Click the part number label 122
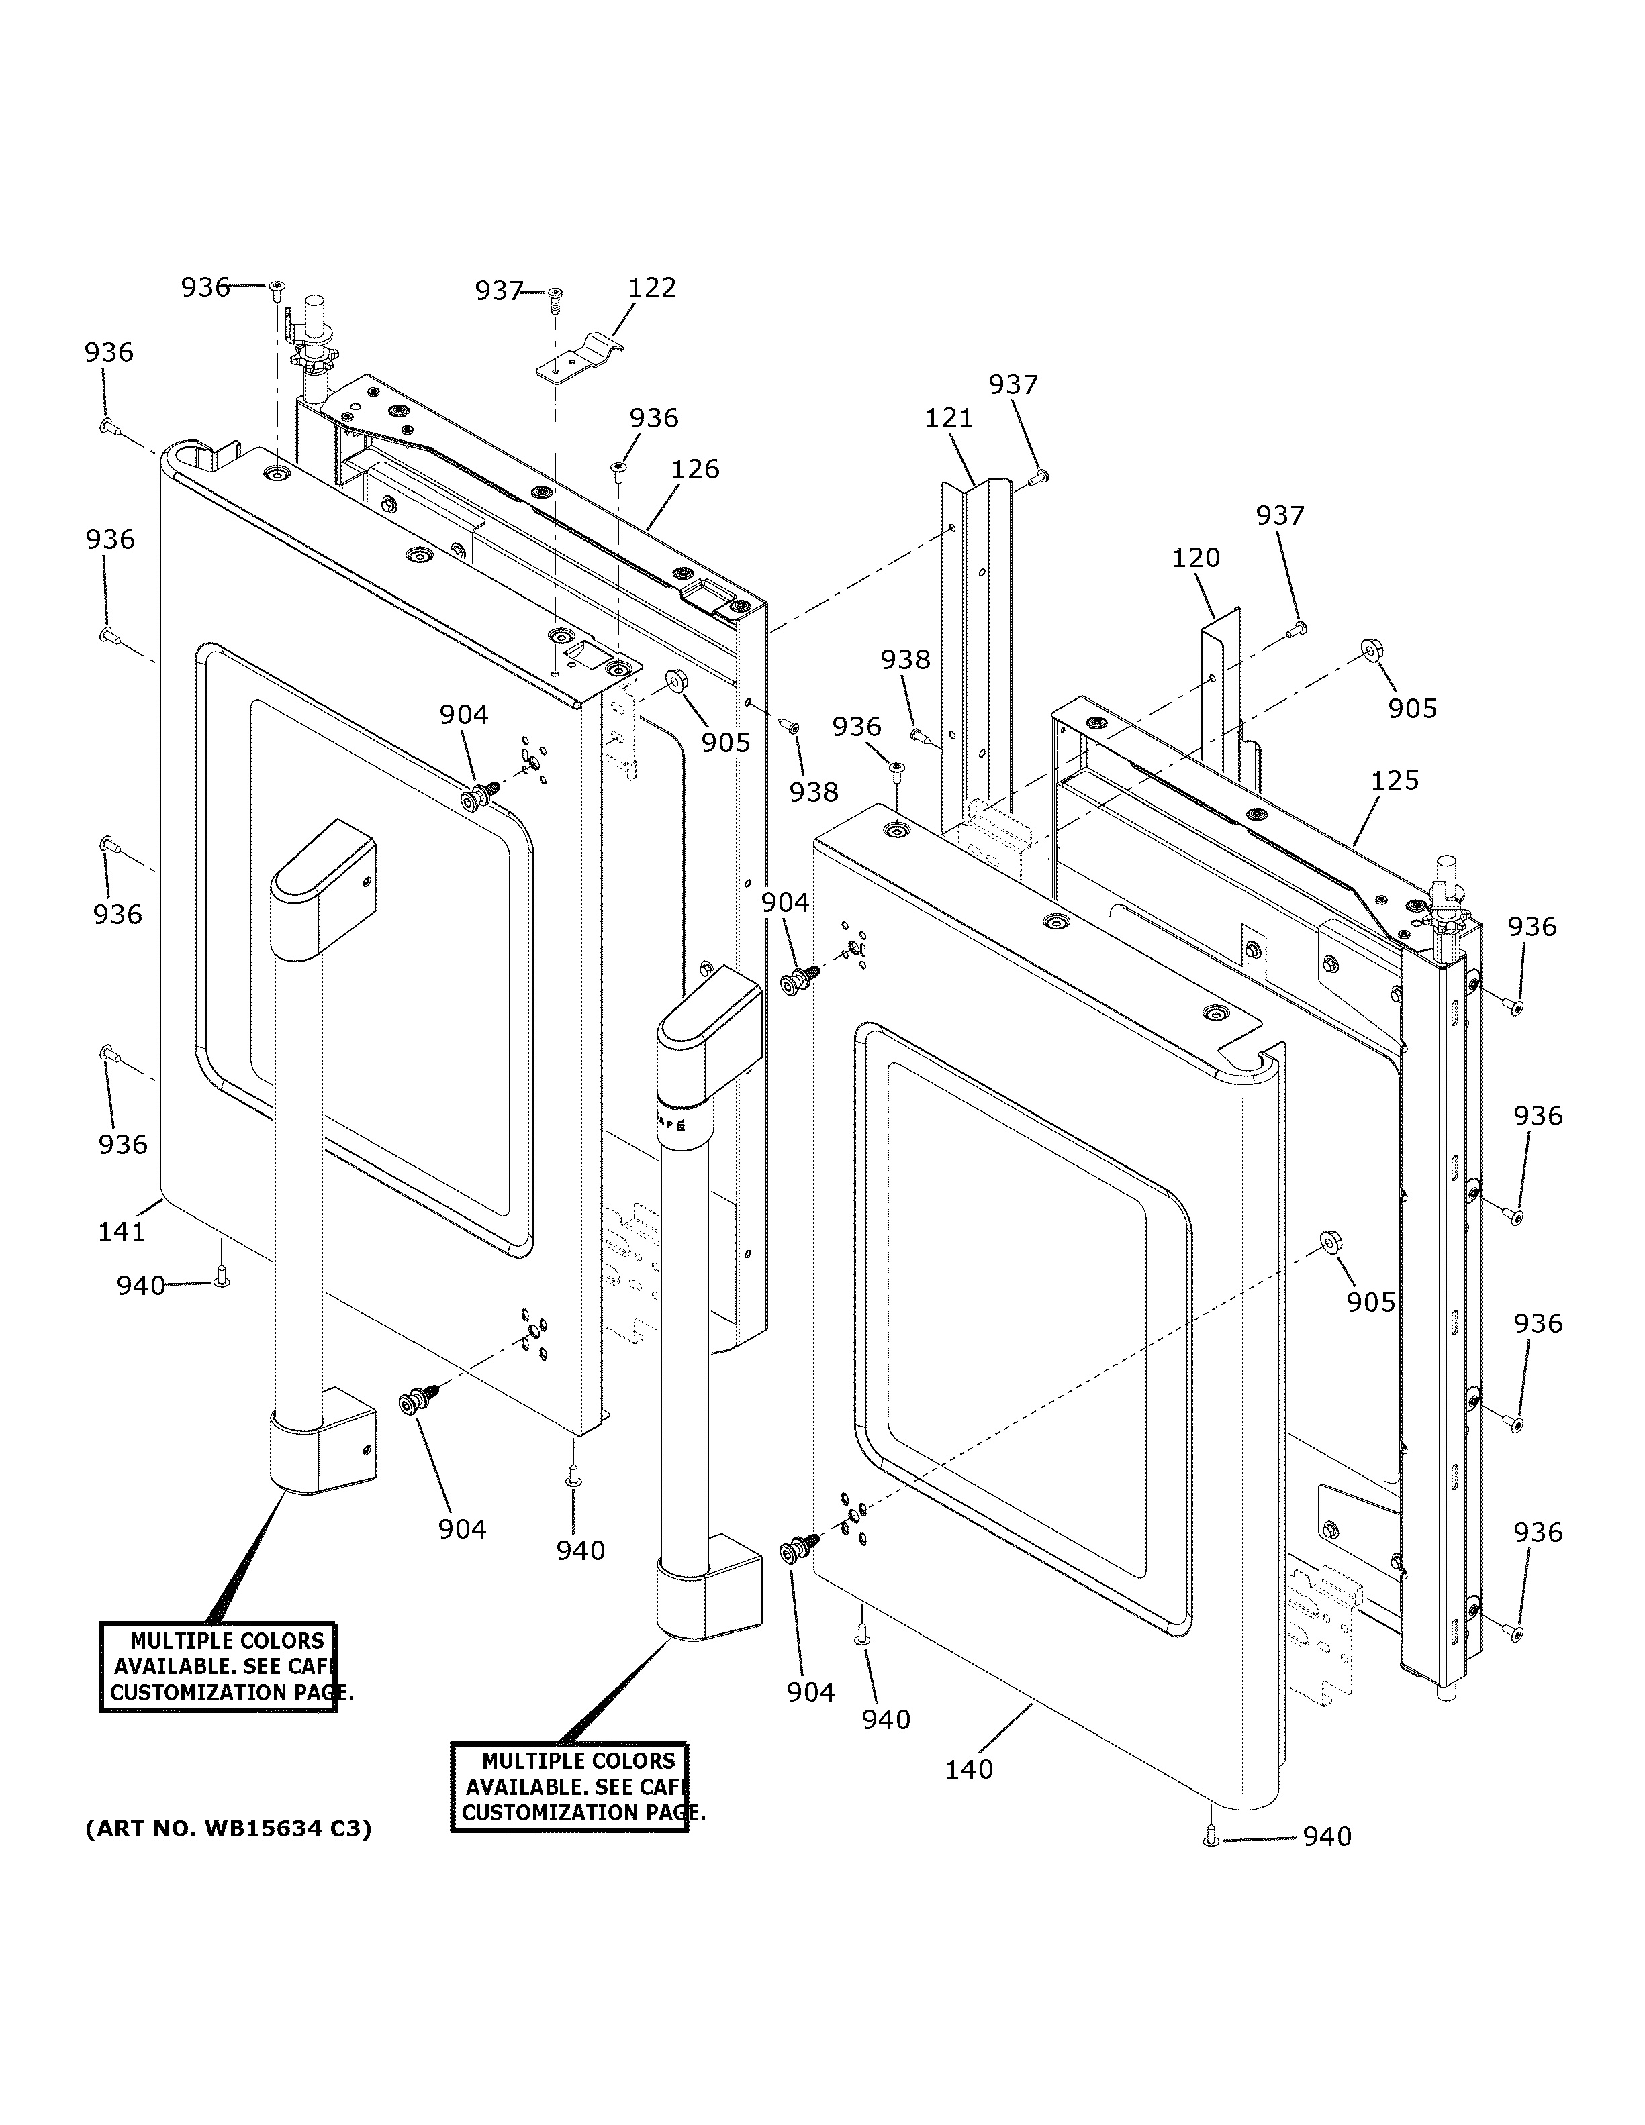pyautogui.click(x=651, y=288)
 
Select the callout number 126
pyautogui.click(x=695, y=470)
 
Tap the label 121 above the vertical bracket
pyautogui.click(x=948, y=419)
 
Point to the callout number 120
pyautogui.click(x=1194, y=558)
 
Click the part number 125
pyautogui.click(x=1394, y=780)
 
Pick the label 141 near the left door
pyautogui.click(x=122, y=1232)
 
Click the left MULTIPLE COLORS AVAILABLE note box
pyautogui.click(x=218, y=1667)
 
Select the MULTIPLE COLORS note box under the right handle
pyautogui.click(x=569, y=1787)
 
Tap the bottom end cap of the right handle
pyautogui.click(x=708, y=1596)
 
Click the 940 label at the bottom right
pyautogui.click(x=1327, y=1837)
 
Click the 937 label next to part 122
pyautogui.click(x=498, y=291)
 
